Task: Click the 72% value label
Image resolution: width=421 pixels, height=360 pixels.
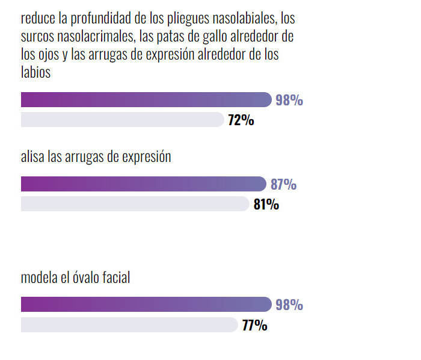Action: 241,120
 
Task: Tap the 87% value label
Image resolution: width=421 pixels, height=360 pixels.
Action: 283,184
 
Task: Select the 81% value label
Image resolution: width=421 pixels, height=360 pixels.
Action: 266,205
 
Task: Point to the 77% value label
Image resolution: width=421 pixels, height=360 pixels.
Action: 254,326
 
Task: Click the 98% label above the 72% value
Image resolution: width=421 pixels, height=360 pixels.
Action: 289,100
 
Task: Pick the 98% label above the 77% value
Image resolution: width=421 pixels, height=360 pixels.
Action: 289,305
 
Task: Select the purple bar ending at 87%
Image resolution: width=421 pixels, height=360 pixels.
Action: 143,184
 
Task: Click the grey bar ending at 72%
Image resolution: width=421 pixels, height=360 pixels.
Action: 122,120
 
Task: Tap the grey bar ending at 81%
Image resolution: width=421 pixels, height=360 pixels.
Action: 135,204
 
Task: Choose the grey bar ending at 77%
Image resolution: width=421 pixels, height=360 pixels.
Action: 129,325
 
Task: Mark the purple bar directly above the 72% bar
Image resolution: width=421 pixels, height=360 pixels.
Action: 146,99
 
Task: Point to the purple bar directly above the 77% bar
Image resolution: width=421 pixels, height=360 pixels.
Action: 146,304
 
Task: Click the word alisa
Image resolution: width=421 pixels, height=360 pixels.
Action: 32,157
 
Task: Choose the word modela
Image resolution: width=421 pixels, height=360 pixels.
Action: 38,278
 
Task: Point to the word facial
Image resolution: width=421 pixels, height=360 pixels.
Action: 115,278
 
